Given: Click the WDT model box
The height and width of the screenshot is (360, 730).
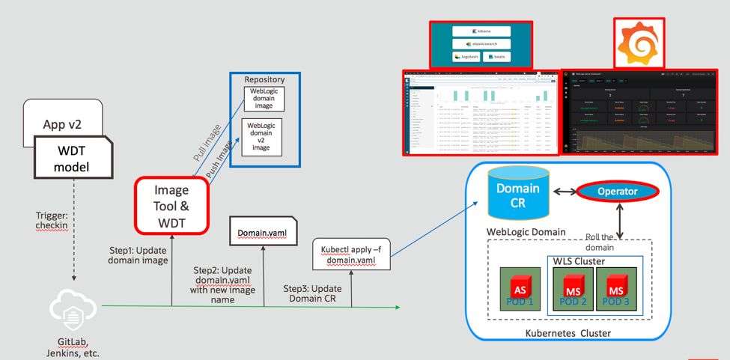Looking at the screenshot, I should click(x=73, y=157).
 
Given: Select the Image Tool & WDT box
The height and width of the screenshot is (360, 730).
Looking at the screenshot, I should click(x=171, y=206).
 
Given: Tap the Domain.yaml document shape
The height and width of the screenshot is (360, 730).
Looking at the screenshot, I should click(x=263, y=233).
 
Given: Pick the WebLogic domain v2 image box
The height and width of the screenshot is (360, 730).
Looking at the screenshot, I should click(x=261, y=137).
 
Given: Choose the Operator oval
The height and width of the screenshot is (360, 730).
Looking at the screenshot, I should click(x=618, y=192).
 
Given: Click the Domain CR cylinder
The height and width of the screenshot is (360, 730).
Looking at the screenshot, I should click(x=518, y=194).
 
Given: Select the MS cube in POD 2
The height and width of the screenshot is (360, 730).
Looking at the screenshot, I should click(x=573, y=289).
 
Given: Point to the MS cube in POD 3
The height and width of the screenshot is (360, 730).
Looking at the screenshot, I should click(x=615, y=289).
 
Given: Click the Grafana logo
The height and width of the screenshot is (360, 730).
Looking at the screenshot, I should click(x=639, y=43).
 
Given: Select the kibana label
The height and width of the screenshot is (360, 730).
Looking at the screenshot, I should click(x=481, y=31).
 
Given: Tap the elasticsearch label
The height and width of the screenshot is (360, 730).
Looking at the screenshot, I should click(x=481, y=44).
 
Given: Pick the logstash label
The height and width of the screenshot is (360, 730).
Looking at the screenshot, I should click(x=466, y=57).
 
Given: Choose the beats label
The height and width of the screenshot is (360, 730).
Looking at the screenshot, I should click(x=496, y=57).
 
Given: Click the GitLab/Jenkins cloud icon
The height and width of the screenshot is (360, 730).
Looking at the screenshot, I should click(x=73, y=311).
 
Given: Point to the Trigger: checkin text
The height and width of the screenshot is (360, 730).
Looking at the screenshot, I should click(x=52, y=220).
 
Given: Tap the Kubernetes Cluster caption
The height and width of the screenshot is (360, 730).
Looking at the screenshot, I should click(x=568, y=333).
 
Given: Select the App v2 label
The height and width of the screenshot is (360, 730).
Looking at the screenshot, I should click(x=62, y=125).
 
